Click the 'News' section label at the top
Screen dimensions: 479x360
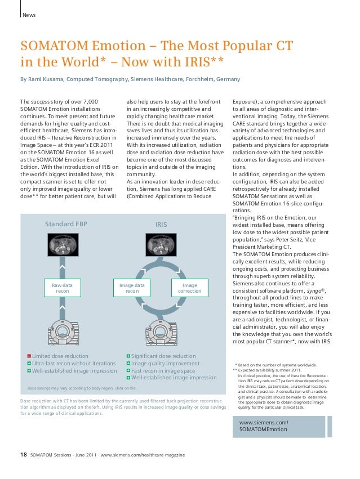tap(29, 15)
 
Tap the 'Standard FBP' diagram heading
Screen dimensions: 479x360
tap(66, 225)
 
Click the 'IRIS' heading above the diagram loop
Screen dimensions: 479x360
tap(162, 225)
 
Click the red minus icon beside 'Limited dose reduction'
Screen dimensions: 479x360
tap(29, 356)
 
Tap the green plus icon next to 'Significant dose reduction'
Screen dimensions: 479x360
tap(128, 356)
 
